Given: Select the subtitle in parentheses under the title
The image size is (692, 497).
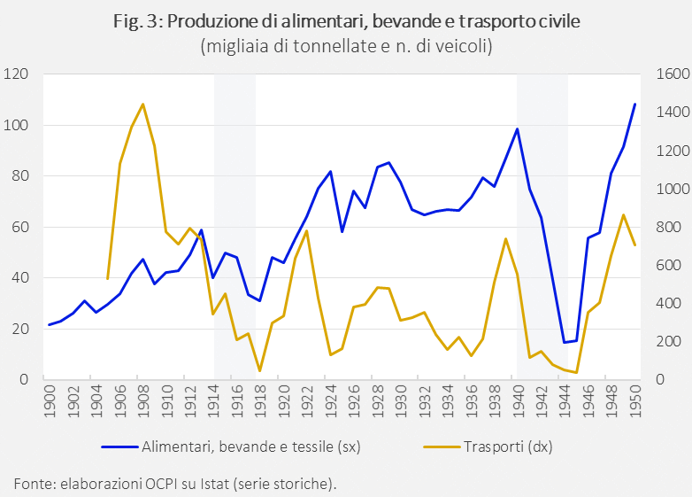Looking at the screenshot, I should coord(346,45).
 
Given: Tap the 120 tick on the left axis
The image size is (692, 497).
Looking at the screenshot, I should coord(18,74).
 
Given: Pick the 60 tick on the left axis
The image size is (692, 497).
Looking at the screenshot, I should coord(21,227).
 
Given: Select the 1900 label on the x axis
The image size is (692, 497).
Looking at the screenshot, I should coord(50,397).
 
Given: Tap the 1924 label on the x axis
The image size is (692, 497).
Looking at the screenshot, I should coord(331,397).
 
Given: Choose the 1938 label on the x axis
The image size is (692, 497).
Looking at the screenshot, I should coord(495,397).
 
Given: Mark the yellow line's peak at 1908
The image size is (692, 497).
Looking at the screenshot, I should coord(142,104).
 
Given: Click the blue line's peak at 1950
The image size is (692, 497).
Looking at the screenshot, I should coord(634,104).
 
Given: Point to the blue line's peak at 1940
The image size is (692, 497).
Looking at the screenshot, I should coord(518,129).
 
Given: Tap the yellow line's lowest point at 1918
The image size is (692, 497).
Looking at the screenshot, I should coord(260,370).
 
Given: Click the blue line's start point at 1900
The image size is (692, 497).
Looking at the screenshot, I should coord(50,325).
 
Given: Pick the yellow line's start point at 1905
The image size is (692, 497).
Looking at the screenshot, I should coord(108,279).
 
